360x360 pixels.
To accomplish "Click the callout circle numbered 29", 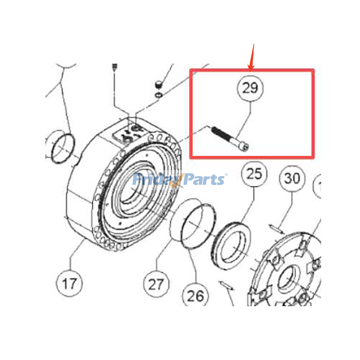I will click(x=251, y=88).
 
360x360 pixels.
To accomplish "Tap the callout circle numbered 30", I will click(x=292, y=179).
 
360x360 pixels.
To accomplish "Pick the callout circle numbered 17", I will click(x=69, y=283).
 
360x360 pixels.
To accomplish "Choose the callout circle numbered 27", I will click(x=157, y=284).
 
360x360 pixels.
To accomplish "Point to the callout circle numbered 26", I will click(x=195, y=296).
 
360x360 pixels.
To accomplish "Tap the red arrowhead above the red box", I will click(x=252, y=66).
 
